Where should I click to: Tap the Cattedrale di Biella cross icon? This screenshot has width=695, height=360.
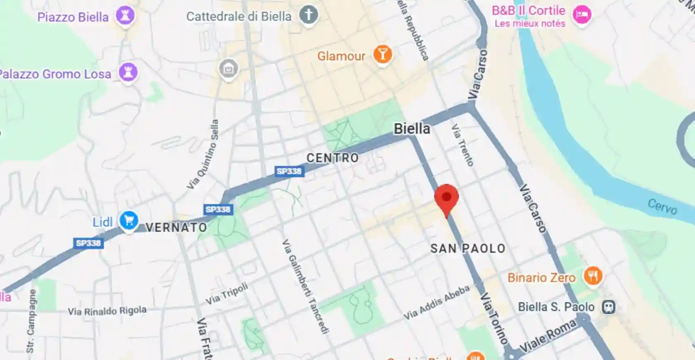click(309, 15)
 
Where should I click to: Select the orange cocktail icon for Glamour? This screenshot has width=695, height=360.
click(382, 55)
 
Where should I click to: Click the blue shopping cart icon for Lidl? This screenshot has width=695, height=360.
click(129, 221)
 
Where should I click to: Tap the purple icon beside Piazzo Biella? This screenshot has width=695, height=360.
click(125, 16)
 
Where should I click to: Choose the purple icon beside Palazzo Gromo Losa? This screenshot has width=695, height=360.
click(128, 73)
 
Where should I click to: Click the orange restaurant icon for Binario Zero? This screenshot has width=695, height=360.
click(593, 276)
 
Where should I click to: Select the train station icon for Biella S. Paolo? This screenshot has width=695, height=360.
click(608, 307)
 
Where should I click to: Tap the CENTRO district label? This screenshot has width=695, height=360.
click(333, 158)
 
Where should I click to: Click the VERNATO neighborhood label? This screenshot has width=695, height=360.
click(176, 227)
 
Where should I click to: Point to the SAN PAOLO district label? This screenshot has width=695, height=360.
click(468, 248)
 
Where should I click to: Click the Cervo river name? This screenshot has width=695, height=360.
click(662, 206)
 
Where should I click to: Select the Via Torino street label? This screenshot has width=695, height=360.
click(494, 318)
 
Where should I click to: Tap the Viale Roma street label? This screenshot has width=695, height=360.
click(548, 336)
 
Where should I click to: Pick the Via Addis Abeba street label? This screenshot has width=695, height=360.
click(436, 302)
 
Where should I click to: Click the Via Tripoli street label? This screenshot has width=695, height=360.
click(227, 293)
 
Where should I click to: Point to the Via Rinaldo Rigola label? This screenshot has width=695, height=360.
click(107, 311)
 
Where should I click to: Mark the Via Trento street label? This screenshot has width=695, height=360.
click(462, 145)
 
